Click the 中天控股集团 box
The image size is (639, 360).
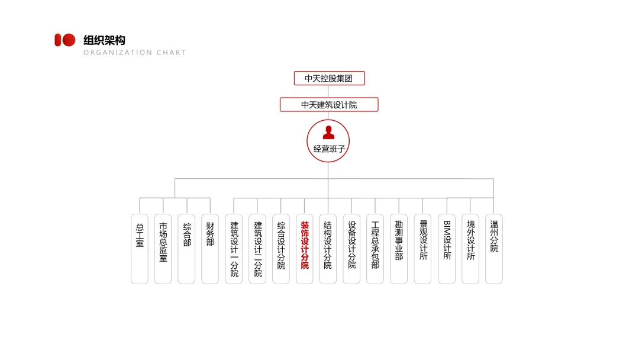(x=329, y=78)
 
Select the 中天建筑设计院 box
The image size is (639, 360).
(x=329, y=105)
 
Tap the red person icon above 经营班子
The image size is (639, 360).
(x=328, y=133)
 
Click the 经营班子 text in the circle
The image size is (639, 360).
(x=328, y=149)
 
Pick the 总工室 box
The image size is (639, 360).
(x=140, y=249)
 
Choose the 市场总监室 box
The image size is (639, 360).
(x=163, y=249)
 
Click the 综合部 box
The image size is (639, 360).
(x=186, y=249)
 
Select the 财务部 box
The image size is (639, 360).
(x=210, y=249)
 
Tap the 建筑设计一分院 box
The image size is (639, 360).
(x=234, y=249)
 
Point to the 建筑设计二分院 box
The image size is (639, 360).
(x=257, y=249)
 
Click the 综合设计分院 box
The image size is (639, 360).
(x=281, y=249)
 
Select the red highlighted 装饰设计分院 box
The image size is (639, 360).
(x=305, y=249)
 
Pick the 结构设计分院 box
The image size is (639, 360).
(x=328, y=249)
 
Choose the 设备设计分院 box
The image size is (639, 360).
(x=351, y=249)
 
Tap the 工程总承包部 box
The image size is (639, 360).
(x=375, y=249)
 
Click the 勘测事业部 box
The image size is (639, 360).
(x=399, y=249)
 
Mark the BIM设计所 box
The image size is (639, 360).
(x=447, y=249)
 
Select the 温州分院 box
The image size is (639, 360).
(x=494, y=249)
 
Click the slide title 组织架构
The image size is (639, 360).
(x=104, y=40)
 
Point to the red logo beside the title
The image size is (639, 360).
(x=65, y=40)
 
